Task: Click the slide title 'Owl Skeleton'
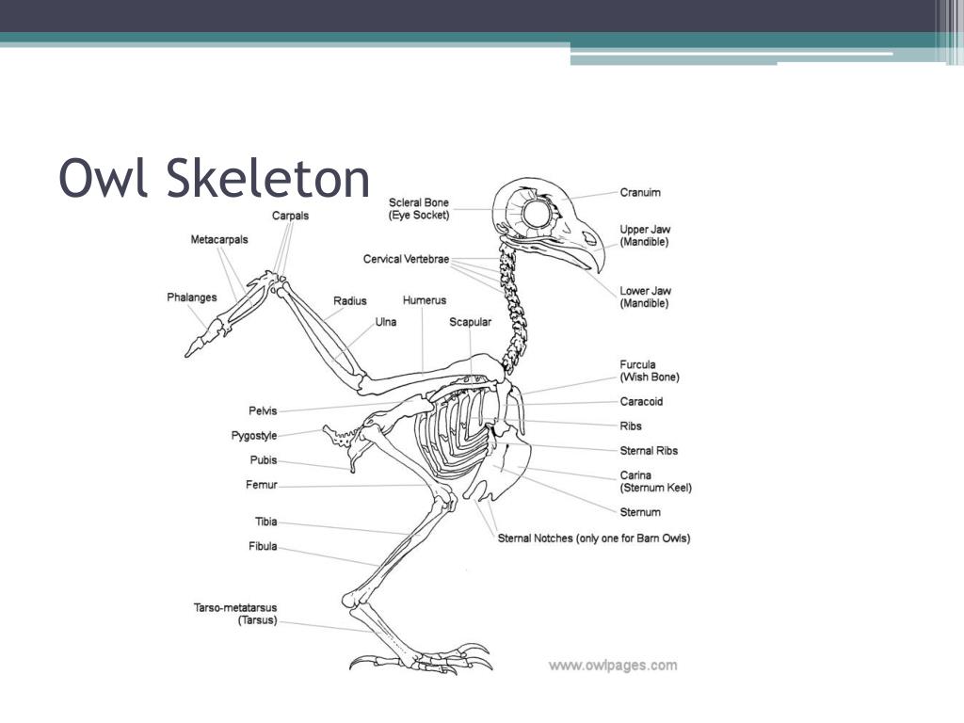[x=215, y=178]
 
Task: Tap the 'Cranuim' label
[x=640, y=193]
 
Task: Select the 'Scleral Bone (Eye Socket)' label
[x=419, y=209]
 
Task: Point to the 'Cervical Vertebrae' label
[x=406, y=259]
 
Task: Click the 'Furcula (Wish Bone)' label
[x=650, y=371]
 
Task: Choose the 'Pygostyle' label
[x=254, y=436]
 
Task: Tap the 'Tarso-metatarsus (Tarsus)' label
[x=235, y=615]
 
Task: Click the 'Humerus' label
[x=424, y=300]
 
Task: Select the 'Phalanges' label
[x=192, y=297]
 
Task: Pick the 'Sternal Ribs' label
[x=649, y=451]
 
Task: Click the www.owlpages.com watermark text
[x=612, y=666]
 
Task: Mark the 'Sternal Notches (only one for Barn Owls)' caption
[x=594, y=538]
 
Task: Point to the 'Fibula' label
[x=263, y=546]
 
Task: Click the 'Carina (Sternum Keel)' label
[x=655, y=482]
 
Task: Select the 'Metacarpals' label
[x=219, y=240]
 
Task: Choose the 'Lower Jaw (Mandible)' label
[x=645, y=297]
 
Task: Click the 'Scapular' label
[x=470, y=322]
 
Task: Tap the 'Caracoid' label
[x=641, y=402]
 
